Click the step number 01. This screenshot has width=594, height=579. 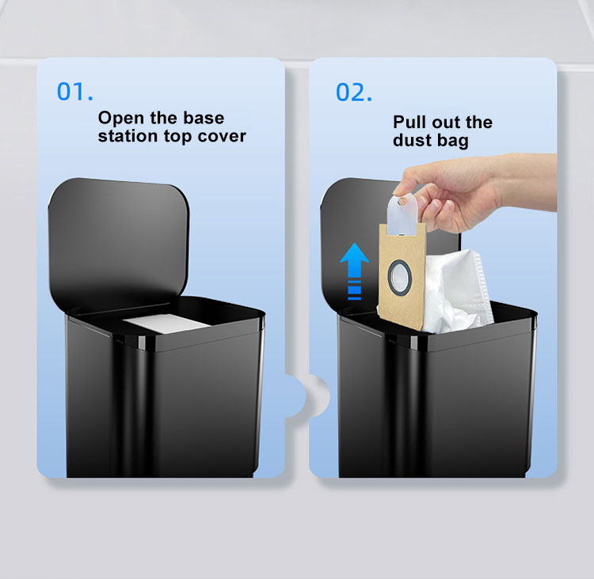coord(75,92)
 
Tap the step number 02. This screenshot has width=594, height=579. coord(354,93)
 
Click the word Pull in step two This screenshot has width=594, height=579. coord(409,123)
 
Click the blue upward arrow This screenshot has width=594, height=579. coord(354,271)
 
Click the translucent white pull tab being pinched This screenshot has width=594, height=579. coord(402,214)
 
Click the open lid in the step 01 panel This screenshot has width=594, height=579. coord(119,242)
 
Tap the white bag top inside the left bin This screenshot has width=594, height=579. coord(166,324)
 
